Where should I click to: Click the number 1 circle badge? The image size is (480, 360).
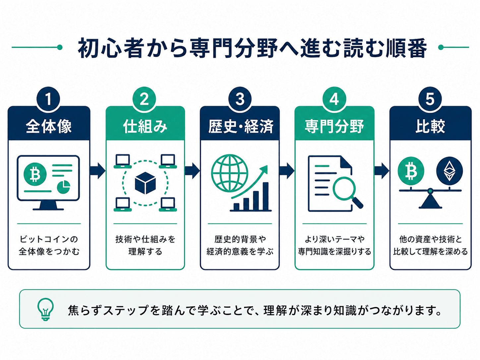point(48,99)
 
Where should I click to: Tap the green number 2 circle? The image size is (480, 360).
point(144,99)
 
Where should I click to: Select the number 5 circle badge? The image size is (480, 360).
point(430,99)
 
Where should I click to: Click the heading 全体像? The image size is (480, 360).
point(49,126)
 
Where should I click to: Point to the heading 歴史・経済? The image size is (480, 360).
point(241,126)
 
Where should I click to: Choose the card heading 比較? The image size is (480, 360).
point(430,126)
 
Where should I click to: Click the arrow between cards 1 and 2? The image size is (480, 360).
point(97,170)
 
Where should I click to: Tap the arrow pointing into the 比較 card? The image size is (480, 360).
point(382,170)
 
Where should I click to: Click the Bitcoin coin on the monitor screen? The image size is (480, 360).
point(35,174)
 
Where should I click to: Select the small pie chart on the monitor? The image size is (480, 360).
point(63,187)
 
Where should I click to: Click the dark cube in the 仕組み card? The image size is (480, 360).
point(145,183)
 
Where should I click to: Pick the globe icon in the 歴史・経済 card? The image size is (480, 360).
point(230,173)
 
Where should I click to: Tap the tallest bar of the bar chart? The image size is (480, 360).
point(266,196)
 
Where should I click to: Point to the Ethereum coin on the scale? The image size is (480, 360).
point(450,171)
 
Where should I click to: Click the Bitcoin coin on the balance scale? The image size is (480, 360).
point(411,171)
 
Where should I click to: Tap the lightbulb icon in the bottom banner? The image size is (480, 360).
point(45,309)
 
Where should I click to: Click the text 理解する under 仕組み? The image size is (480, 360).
point(145,252)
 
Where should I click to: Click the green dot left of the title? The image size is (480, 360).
point(59,47)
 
